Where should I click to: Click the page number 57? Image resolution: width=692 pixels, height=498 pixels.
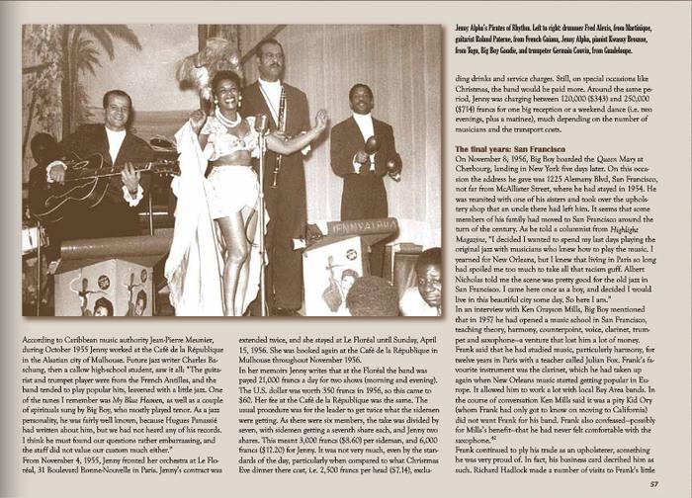tap(653, 484)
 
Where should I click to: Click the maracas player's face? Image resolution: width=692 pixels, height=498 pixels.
tap(364, 101)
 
